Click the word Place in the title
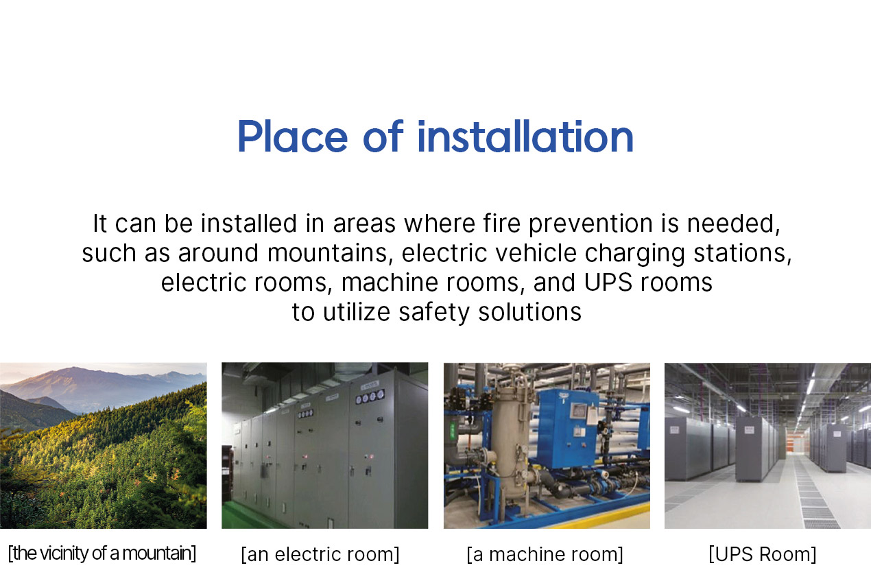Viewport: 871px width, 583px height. pos(292,136)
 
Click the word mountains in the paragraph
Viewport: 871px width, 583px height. pos(327,253)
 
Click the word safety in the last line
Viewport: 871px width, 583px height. pos(433,312)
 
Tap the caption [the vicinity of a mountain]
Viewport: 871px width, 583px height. pos(102,554)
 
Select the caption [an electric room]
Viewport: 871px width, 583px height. pos(320,554)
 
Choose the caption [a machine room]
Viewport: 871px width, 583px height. pos(545,554)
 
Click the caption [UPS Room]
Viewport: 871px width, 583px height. pos(763,554)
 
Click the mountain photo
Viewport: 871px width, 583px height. pos(104,446)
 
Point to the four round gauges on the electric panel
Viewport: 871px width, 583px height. pos(370,398)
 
